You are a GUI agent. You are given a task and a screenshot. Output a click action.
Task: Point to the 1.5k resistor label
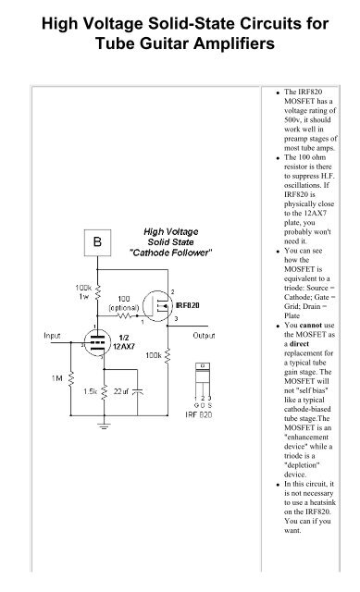click(x=91, y=391)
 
